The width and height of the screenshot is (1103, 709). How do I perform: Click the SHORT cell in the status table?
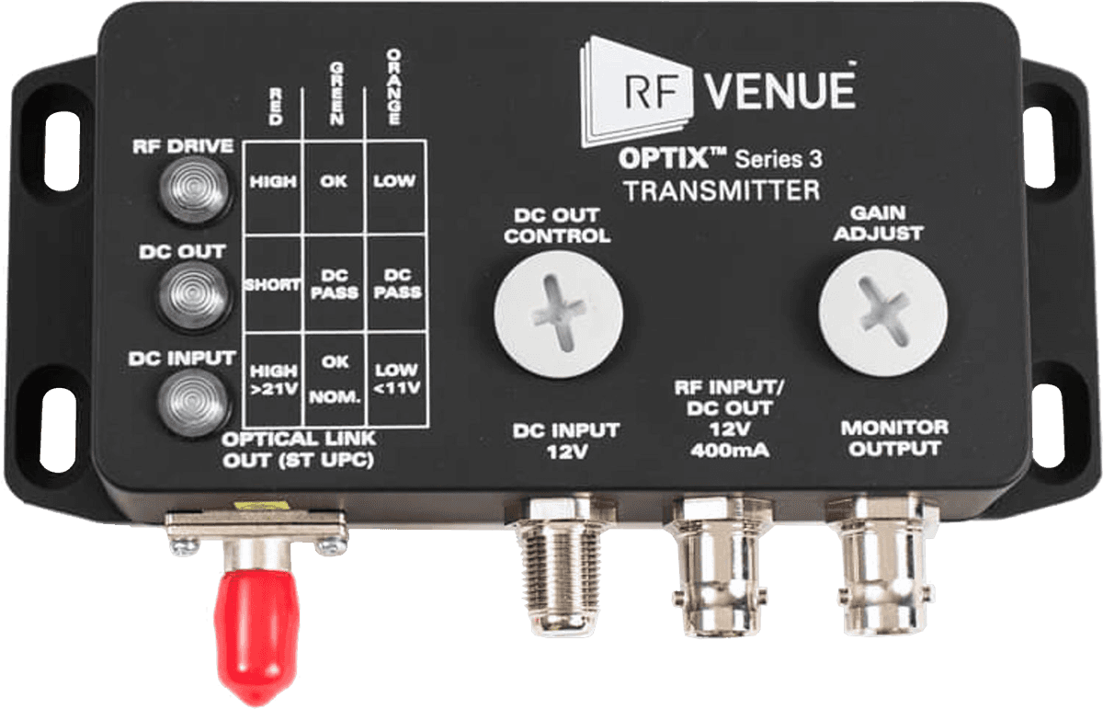point(272,285)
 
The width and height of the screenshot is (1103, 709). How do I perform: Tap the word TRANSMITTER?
point(721,191)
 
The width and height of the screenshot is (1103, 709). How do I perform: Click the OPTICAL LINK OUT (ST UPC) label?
point(300,451)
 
